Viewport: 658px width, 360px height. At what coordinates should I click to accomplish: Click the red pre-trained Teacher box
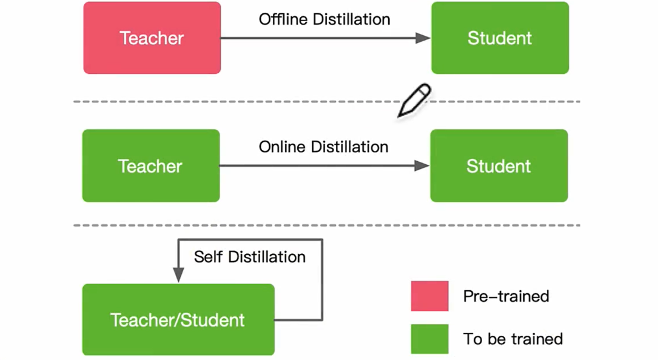pyautogui.click(x=152, y=38)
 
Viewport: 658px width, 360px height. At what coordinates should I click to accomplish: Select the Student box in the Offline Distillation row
pyautogui.click(x=500, y=38)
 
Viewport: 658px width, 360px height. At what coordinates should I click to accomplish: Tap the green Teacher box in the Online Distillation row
pyautogui.click(x=150, y=165)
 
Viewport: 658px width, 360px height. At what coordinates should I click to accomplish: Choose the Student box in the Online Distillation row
pyautogui.click(x=499, y=165)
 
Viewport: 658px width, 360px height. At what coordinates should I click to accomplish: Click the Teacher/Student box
pyautogui.click(x=178, y=319)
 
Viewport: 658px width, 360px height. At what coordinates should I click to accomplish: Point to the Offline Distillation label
pyautogui.click(x=324, y=19)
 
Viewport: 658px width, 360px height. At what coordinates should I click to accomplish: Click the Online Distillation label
pyautogui.click(x=323, y=147)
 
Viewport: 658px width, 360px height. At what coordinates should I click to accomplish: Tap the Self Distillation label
pyautogui.click(x=249, y=257)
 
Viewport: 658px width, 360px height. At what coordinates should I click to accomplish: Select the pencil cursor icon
pyautogui.click(x=414, y=101)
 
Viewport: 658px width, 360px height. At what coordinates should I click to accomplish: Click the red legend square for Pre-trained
pyautogui.click(x=429, y=296)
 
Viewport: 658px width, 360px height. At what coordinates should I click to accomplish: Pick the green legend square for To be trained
pyautogui.click(x=429, y=339)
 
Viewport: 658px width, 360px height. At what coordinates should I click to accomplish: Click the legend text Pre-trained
pyautogui.click(x=506, y=296)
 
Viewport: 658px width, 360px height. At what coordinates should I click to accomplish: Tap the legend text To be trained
pyautogui.click(x=513, y=339)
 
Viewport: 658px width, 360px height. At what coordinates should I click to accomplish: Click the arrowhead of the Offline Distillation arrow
pyautogui.click(x=423, y=38)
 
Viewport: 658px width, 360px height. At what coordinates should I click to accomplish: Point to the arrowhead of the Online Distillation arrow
pyautogui.click(x=422, y=165)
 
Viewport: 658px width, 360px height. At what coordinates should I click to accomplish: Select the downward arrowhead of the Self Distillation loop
pyautogui.click(x=178, y=275)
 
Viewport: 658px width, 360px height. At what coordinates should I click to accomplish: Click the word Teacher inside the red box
pyautogui.click(x=152, y=38)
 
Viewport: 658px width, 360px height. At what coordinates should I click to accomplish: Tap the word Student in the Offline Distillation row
pyautogui.click(x=500, y=38)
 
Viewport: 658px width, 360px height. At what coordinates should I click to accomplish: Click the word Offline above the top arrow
pyautogui.click(x=284, y=19)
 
